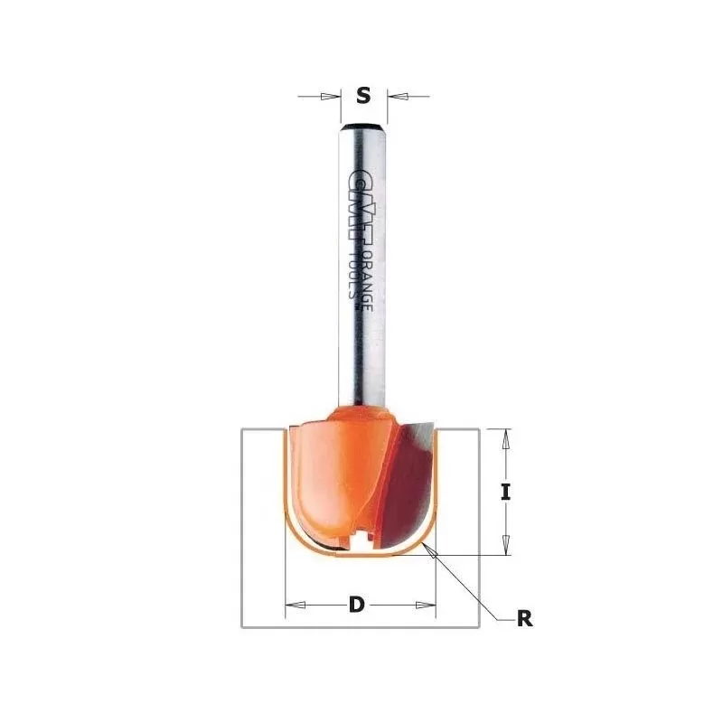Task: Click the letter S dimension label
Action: pyautogui.click(x=363, y=94)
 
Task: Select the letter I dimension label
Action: pyautogui.click(x=506, y=493)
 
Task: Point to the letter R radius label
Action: pyautogui.click(x=523, y=619)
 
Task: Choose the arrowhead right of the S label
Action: pyautogui.click(x=395, y=94)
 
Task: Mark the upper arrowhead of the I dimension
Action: pyautogui.click(x=506, y=437)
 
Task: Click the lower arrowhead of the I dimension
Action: pyautogui.click(x=506, y=546)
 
